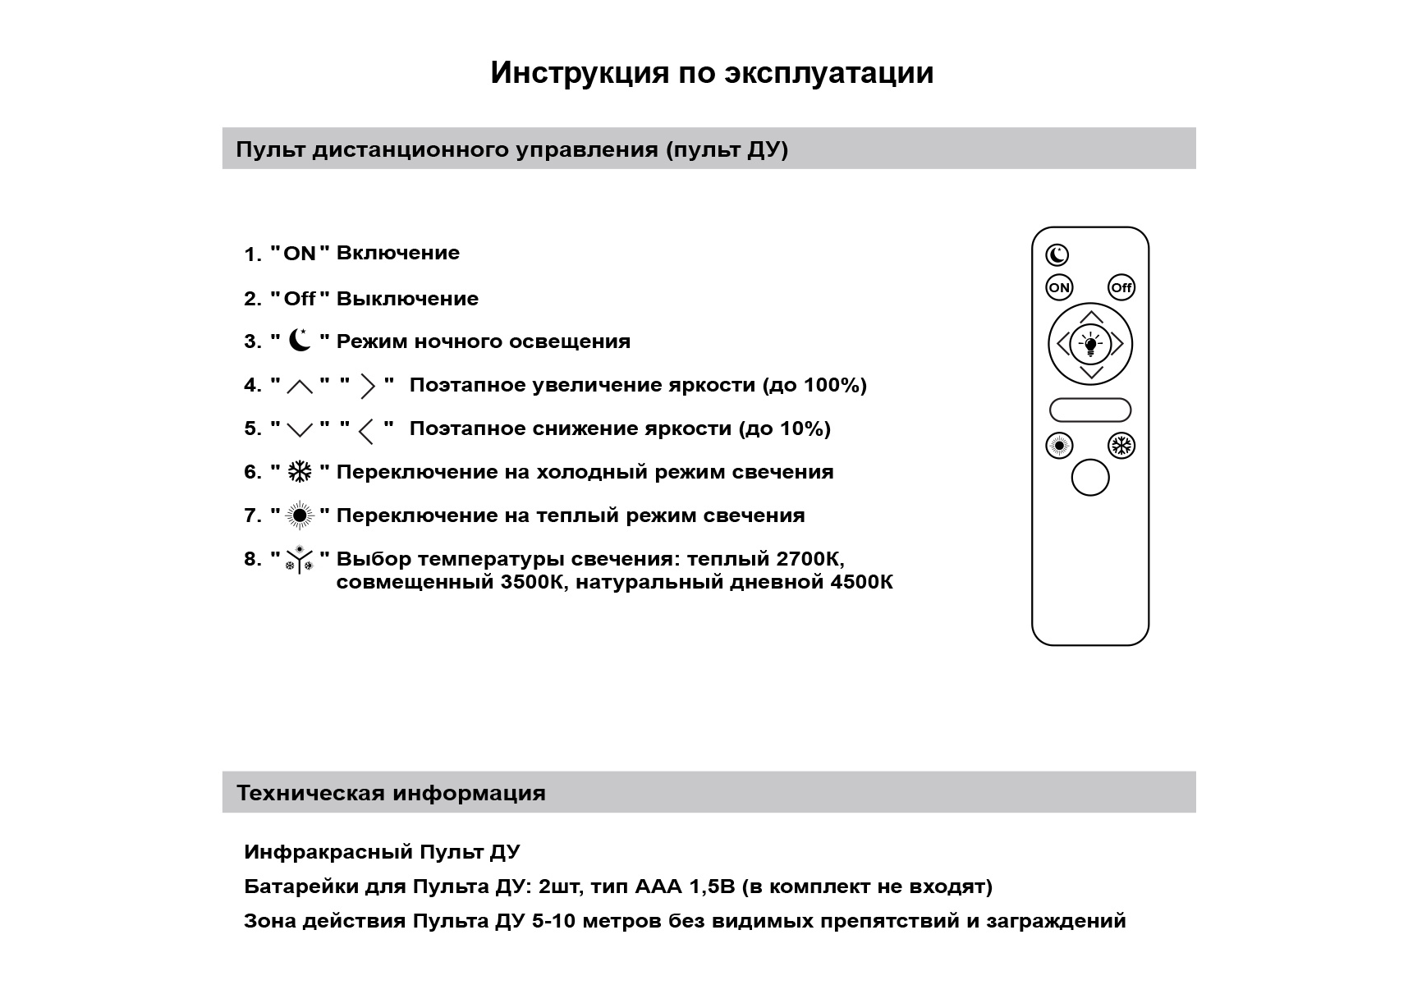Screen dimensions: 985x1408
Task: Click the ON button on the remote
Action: [1059, 287]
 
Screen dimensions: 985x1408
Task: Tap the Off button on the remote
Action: [1121, 287]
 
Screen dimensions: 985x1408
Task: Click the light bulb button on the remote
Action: [1090, 344]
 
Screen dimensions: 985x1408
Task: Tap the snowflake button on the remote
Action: [1121, 446]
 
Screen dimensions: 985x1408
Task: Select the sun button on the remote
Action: [1059, 446]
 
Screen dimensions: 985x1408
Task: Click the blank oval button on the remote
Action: [1090, 410]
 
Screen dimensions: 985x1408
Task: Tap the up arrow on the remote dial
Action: [1090, 317]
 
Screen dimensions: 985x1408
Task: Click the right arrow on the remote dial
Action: [1117, 344]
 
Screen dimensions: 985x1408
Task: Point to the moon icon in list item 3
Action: [300, 340]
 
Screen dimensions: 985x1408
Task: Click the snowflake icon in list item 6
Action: [300, 471]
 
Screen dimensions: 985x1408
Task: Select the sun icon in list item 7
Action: [300, 515]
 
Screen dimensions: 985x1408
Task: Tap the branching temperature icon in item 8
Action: [300, 560]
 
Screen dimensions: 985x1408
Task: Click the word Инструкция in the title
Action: [580, 72]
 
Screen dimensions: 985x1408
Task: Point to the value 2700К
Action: [809, 559]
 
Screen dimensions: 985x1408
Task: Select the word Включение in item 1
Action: [397, 253]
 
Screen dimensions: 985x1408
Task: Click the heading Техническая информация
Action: [391, 793]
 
